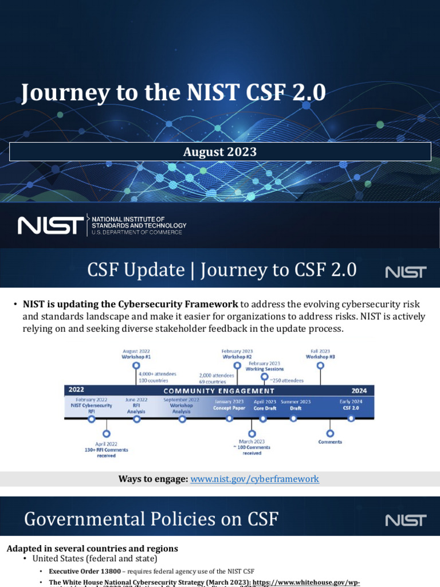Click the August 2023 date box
(220, 152)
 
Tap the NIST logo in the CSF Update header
(406, 271)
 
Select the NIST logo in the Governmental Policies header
(406, 520)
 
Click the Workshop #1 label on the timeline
(136, 357)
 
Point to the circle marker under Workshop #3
(320, 365)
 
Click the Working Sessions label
(264, 369)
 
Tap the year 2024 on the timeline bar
(359, 390)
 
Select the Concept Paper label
(230, 408)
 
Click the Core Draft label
(265, 408)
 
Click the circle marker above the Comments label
(330, 433)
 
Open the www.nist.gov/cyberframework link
(254, 479)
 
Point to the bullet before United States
(25, 558)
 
